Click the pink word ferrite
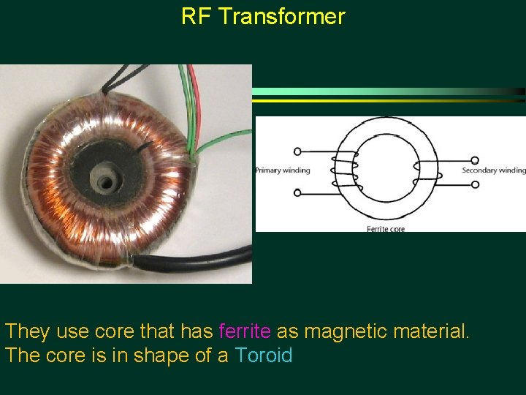coord(245,331)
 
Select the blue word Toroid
coord(263,356)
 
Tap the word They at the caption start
coord(28,331)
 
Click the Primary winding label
coord(282,170)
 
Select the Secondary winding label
coord(493,170)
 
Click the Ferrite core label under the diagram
coord(386,229)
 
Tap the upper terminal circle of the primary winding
coord(297,151)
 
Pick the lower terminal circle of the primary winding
coord(297,192)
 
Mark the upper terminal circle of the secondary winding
coord(475,159)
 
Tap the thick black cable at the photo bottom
coord(190,260)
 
